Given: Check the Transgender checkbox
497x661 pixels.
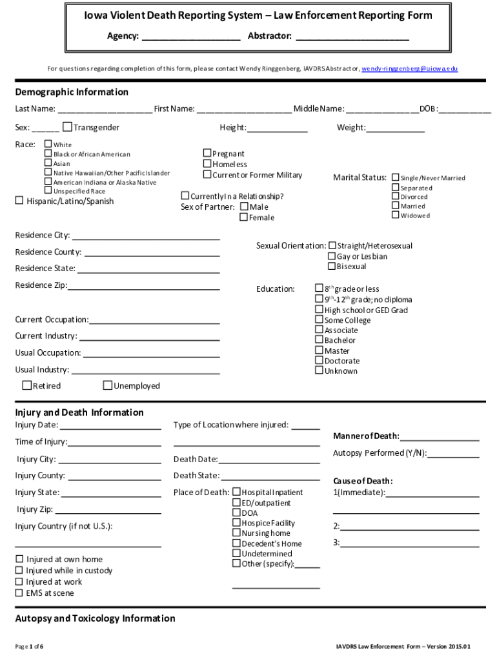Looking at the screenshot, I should [67, 127].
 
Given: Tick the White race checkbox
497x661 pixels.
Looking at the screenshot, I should [48, 144].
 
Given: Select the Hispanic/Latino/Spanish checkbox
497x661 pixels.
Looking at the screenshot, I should [19, 201].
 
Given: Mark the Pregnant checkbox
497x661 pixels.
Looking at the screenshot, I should [207, 154].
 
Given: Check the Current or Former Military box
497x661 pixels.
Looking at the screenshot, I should [207, 174].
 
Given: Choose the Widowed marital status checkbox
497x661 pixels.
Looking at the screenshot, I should [396, 215].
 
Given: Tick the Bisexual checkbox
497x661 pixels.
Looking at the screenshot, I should [332, 266].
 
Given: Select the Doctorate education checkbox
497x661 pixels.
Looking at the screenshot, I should [319, 361].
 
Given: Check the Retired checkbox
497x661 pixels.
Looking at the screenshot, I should [27, 386].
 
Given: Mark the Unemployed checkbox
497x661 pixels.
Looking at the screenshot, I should [108, 386].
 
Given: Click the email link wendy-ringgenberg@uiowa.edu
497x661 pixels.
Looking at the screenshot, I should [409, 68].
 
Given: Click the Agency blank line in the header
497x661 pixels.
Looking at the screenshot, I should [190, 37].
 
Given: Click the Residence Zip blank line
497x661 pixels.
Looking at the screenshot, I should [144, 285].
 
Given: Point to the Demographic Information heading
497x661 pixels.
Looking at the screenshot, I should [72, 92].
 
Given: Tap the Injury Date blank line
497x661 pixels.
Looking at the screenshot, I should [110, 425].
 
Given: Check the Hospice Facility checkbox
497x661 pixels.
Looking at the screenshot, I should [236, 523].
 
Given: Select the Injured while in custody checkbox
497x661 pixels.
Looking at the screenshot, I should [20, 571].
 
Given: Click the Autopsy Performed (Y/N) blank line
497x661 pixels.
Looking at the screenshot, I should [453, 453].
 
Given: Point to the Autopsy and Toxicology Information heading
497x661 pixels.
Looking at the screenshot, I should [95, 618].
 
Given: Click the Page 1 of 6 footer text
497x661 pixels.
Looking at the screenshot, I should [30, 646].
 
